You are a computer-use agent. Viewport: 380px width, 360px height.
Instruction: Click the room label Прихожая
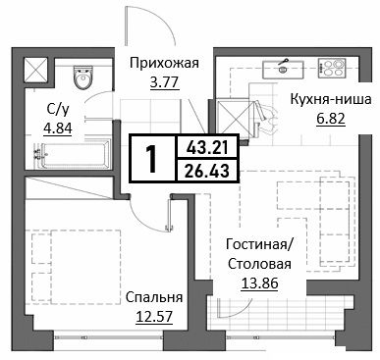point(164,63)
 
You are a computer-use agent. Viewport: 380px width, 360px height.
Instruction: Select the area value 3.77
point(164,81)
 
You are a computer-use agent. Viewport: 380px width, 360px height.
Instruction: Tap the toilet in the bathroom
point(82,77)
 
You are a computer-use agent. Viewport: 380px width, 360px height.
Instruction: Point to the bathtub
point(73,155)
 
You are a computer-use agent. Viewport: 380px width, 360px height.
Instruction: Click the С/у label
point(58,110)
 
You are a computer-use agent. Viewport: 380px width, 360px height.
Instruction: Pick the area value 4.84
point(58,129)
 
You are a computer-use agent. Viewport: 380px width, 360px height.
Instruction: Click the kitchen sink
point(283,69)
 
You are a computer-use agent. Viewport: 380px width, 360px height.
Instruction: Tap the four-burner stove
point(331,68)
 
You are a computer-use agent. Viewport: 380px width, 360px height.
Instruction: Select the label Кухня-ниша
point(331,99)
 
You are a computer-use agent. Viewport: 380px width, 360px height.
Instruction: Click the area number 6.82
point(331,118)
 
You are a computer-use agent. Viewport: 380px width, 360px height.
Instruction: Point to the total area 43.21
point(207,148)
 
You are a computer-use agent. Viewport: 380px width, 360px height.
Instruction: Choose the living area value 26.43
point(207,171)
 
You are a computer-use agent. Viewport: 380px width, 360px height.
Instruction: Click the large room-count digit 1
point(152,159)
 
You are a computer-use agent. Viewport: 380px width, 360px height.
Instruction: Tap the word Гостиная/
point(260,244)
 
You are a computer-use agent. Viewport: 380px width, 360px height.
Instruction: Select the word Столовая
point(259,264)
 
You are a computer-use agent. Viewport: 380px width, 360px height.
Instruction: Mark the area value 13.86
point(259,283)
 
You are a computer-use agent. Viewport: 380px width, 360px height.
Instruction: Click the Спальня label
point(154,297)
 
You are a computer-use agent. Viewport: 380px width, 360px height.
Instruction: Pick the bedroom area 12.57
point(154,316)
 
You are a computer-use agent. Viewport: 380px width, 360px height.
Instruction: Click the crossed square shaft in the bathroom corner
point(35,69)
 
